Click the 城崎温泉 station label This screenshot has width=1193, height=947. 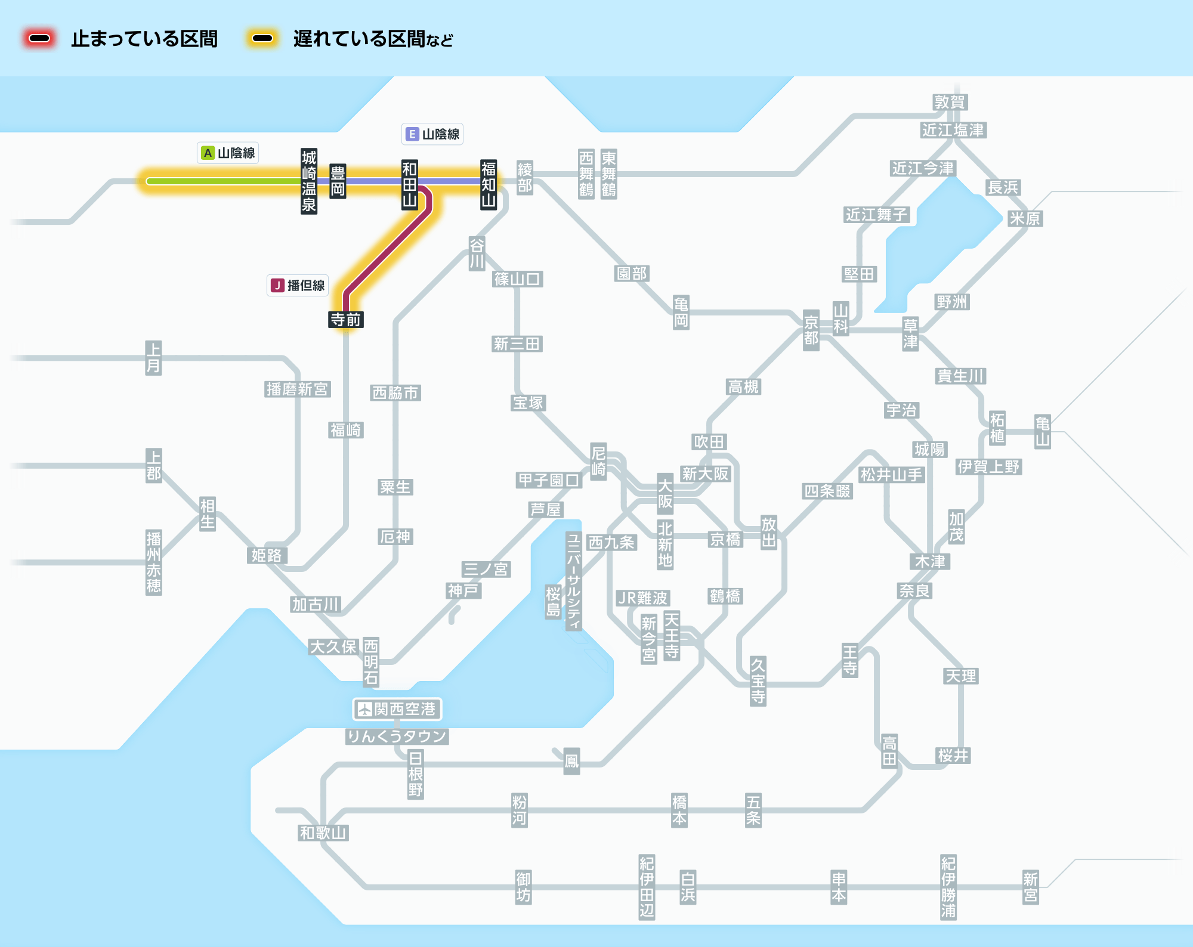[308, 181]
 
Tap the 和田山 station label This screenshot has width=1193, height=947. [409, 184]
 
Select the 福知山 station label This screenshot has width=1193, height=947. [489, 184]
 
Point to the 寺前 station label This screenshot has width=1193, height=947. [346, 320]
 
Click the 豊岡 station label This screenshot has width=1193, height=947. [338, 181]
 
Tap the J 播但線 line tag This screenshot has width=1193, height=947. [298, 286]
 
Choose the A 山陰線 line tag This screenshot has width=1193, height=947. [228, 153]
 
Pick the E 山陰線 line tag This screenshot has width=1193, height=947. [432, 134]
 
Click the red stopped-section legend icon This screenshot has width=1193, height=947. [39, 39]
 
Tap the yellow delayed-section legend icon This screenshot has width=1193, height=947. [262, 39]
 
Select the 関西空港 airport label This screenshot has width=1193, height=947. [397, 709]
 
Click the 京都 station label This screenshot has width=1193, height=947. [811, 330]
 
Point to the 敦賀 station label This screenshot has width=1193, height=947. [950, 102]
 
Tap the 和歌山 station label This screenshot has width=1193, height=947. [323, 833]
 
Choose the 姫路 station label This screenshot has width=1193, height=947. [267, 555]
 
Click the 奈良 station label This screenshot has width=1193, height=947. [914, 590]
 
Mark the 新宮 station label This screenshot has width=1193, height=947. [1030, 887]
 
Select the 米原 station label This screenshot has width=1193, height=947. [1024, 218]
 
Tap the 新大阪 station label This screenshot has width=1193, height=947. [706, 473]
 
